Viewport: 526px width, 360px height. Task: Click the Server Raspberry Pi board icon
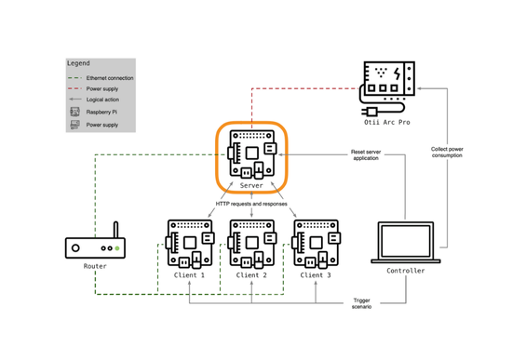pyautogui.click(x=251, y=154)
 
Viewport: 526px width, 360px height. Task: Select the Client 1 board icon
pyautogui.click(x=190, y=244)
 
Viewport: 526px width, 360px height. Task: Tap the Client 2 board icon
pyautogui.click(x=252, y=244)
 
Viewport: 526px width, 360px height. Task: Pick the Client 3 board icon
pyautogui.click(x=316, y=244)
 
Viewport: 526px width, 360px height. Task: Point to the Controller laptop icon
pyautogui.click(x=405, y=242)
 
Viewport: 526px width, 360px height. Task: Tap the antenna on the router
pyautogui.click(x=116, y=230)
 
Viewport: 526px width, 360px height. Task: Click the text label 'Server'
pyautogui.click(x=251, y=186)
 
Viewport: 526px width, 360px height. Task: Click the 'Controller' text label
pyautogui.click(x=405, y=272)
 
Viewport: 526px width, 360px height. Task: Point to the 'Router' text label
pyautogui.click(x=95, y=267)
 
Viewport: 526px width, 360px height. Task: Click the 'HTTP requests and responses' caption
pyautogui.click(x=251, y=204)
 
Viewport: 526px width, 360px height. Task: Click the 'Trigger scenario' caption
pyautogui.click(x=361, y=304)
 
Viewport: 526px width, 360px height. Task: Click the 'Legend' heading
pyautogui.click(x=79, y=63)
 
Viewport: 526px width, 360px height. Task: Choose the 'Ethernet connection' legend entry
pyautogui.click(x=110, y=78)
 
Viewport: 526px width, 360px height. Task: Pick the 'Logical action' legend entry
pyautogui.click(x=103, y=100)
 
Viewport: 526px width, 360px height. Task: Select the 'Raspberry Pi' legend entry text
pyautogui.click(x=102, y=113)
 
